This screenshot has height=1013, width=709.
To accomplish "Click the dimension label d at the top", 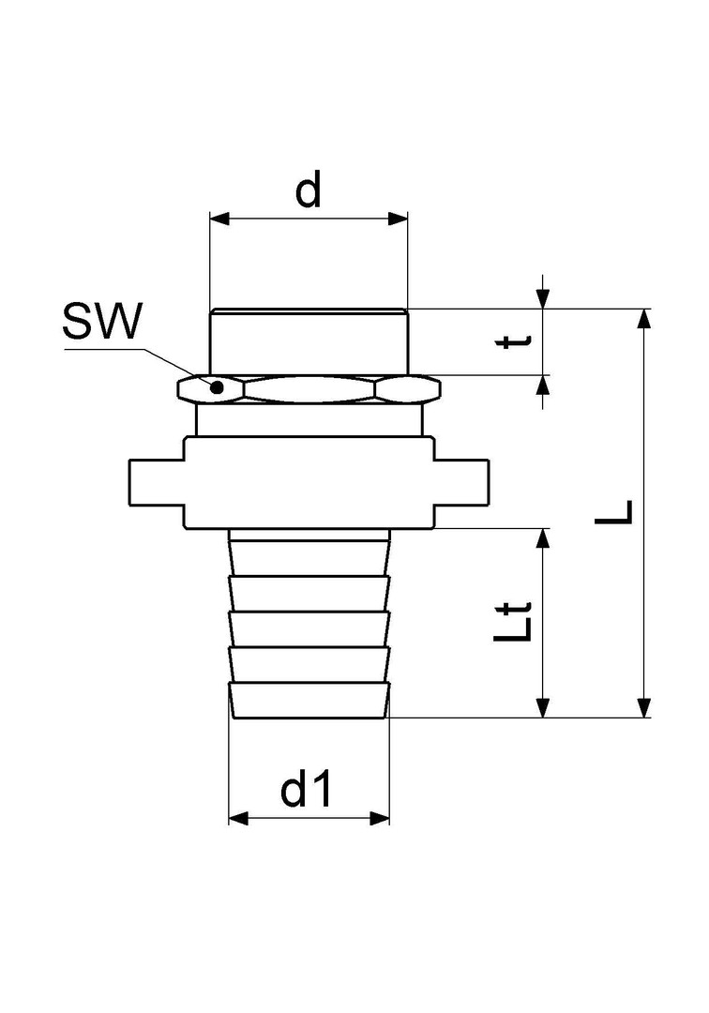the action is coord(308,189).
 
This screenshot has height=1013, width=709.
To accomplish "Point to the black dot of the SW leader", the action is coord(218,387).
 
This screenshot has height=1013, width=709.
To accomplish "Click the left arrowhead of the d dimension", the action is coord(220,219).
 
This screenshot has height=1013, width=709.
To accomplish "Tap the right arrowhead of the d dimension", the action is coord(399,219).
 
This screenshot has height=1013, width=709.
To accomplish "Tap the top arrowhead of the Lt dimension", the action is coord(544,538).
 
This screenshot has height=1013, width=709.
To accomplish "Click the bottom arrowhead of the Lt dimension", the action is coord(544,707).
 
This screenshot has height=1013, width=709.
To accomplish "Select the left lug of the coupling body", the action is coord(157,483).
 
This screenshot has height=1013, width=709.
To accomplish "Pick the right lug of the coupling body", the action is coord(460,483).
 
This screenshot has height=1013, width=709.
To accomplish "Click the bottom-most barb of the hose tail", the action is coord(309,700).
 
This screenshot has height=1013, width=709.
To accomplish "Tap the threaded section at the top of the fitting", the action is coord(309,341).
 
